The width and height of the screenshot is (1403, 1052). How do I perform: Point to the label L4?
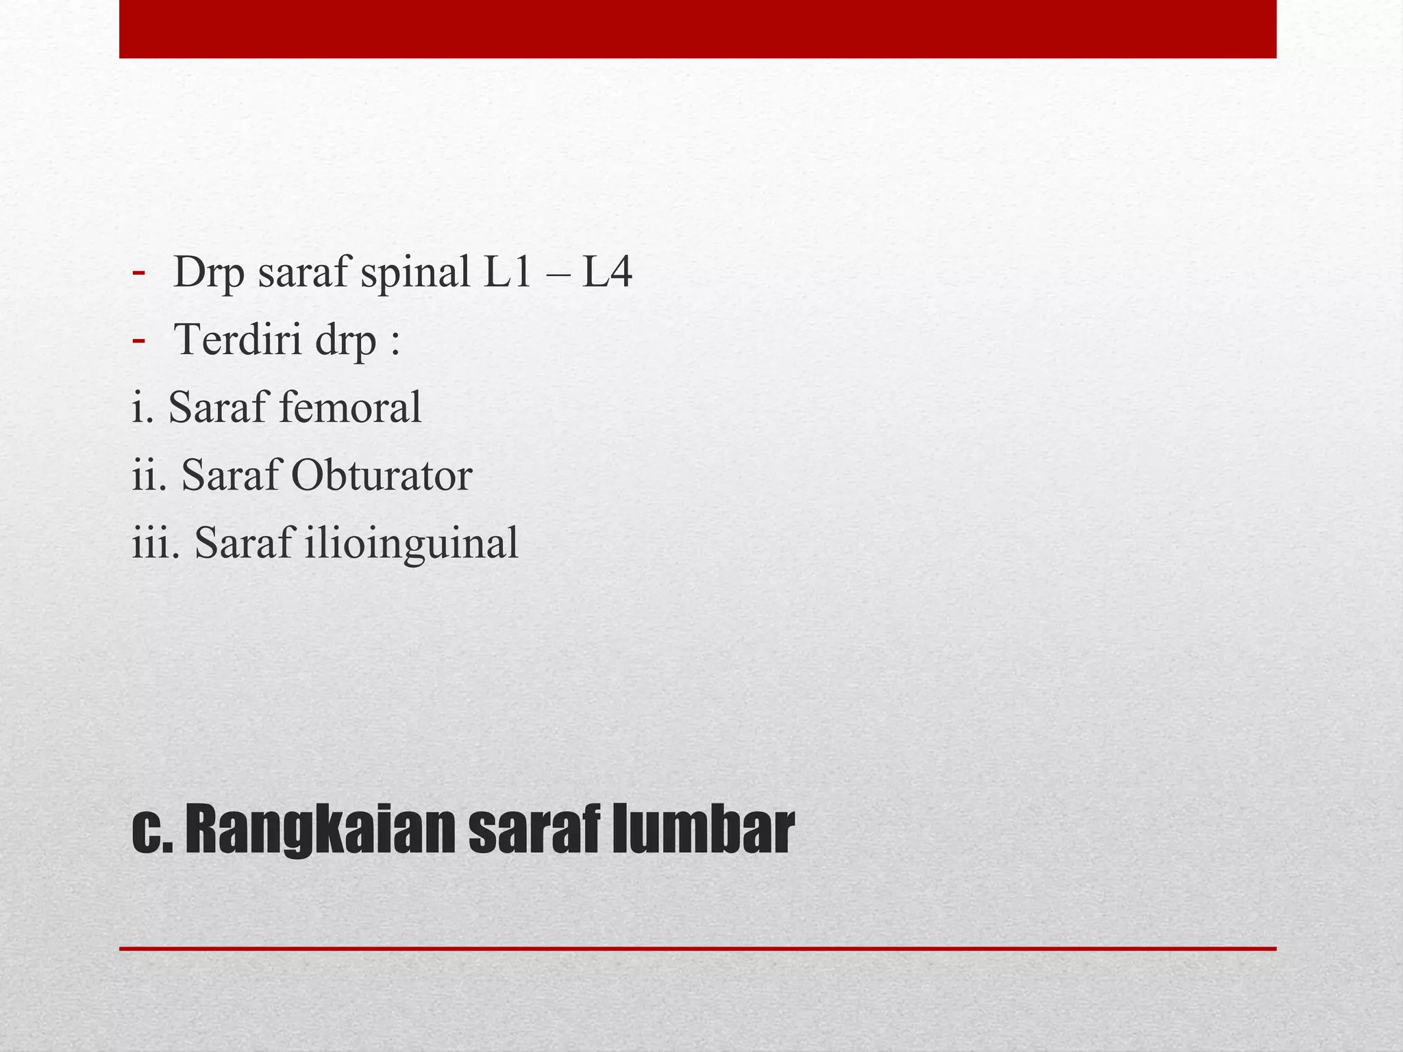607,273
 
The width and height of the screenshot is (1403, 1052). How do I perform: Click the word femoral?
349,408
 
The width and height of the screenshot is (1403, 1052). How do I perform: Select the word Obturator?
382,475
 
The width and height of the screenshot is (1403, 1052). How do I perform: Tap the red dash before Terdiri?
138,339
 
